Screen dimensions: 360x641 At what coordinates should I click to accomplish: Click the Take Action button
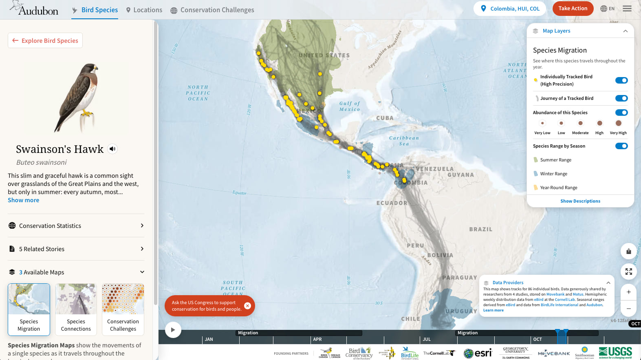573,9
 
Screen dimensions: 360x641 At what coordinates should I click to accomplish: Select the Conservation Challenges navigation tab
212,10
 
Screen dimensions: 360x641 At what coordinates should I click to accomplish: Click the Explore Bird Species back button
45,40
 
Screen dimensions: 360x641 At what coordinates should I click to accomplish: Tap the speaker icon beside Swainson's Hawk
112,149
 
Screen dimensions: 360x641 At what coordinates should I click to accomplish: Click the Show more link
24,200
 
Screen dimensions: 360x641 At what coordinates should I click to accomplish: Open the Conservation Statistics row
76,225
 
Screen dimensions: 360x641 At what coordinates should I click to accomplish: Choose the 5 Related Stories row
76,249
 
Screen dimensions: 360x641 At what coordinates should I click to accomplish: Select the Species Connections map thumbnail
76,309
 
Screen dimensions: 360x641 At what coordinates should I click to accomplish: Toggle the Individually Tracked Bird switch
621,80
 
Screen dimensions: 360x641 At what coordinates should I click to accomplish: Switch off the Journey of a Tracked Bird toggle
621,98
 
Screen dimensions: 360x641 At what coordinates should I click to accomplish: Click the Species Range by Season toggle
621,146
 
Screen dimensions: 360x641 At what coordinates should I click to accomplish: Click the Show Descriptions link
580,201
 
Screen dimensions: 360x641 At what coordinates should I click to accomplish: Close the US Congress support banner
247,306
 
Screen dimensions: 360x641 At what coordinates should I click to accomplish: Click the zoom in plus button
628,292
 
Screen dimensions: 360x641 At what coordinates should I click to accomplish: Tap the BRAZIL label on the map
480,230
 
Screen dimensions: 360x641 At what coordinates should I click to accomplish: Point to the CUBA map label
385,118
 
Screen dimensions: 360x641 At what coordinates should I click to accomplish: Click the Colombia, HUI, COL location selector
510,9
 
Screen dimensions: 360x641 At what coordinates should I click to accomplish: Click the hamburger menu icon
627,9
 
